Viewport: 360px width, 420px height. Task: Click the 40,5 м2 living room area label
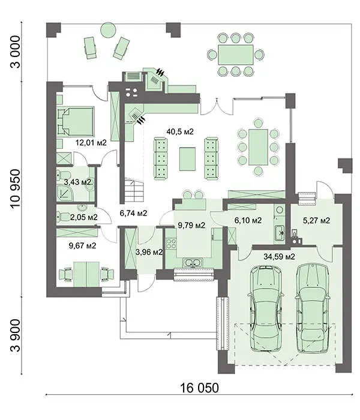click(180, 131)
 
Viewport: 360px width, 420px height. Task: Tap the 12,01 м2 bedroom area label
click(91, 143)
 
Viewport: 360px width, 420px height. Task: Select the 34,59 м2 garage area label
click(279, 257)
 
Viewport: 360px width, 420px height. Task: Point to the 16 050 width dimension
click(199, 388)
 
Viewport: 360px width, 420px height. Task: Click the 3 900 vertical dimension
click(15, 335)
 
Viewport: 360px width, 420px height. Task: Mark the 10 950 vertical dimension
click(15, 188)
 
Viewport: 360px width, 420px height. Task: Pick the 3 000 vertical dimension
click(15, 52)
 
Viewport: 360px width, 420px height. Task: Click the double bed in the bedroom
click(76, 121)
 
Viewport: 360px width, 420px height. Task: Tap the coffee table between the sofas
click(187, 159)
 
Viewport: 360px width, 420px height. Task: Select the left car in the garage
click(266, 308)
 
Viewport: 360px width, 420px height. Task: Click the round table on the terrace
click(108, 30)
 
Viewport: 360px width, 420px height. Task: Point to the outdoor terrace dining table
click(235, 55)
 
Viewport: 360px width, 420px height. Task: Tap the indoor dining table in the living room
click(258, 147)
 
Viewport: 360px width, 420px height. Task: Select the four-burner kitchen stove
click(171, 244)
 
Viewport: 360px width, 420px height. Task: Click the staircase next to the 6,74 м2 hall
click(134, 191)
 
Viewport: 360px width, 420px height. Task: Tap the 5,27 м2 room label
click(316, 220)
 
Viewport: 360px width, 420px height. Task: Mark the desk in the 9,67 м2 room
click(86, 274)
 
